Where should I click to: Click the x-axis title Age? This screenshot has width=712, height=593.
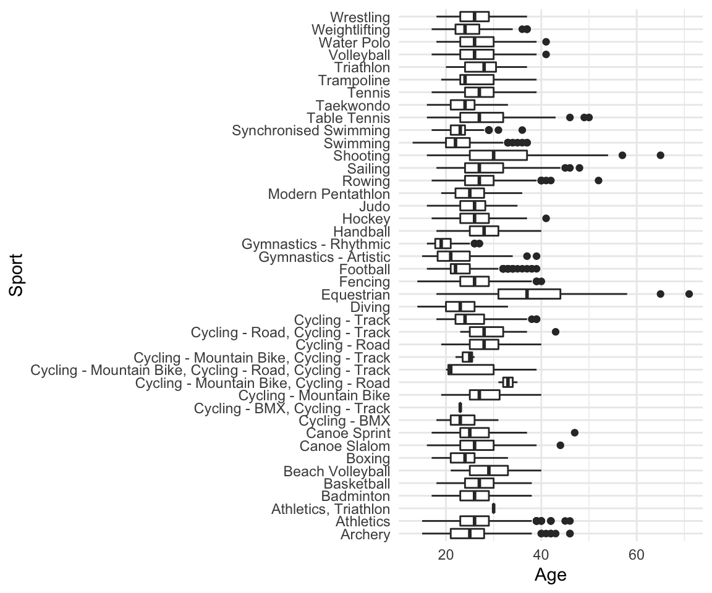pos(550,575)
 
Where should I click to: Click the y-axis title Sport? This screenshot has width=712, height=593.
pos(17,275)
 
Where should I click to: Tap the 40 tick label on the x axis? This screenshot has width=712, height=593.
pos(541,553)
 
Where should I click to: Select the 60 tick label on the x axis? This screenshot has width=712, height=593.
pos(636,553)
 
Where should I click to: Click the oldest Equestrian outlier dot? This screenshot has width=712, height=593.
pos(689,294)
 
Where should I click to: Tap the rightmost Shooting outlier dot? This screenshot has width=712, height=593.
pos(660,155)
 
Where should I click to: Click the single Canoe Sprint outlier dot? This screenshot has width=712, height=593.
pos(574,432)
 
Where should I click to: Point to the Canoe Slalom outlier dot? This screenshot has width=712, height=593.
pos(560,445)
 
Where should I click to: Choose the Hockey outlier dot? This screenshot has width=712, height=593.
pos(546,218)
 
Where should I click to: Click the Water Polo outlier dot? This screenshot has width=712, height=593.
pos(546,42)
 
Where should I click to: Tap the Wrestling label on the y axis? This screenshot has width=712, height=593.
pos(360,17)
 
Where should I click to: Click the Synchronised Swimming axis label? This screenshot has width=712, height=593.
pos(311,130)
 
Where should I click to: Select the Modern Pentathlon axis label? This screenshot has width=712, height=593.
pos(329,193)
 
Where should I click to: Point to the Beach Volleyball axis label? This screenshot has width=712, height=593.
pos(336,471)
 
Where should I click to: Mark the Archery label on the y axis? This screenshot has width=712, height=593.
pos(365,534)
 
